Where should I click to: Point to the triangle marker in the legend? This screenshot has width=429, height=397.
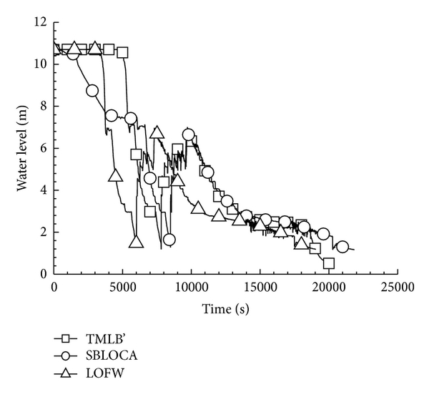click(66, 372)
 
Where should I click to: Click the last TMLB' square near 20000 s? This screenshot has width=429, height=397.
click(329, 263)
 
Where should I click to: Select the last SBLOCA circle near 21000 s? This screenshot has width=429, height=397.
click(342, 247)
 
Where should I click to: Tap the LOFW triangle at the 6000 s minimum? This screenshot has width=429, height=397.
click(136, 242)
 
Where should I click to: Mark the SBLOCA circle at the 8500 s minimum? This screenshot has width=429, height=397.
click(169, 240)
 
